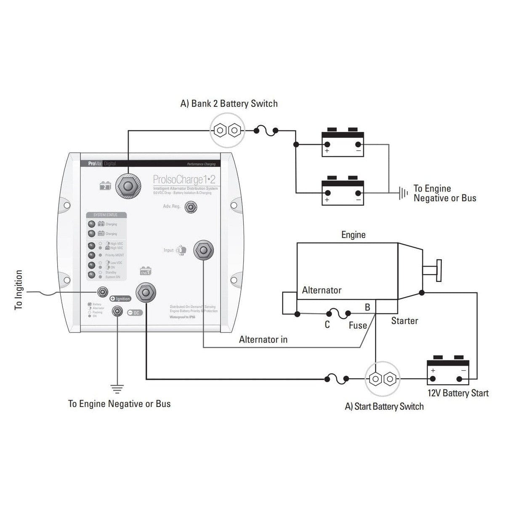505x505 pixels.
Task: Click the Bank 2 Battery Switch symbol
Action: coord(227,130)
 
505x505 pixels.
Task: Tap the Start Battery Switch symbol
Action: coord(383,379)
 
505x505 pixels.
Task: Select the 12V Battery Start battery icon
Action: coord(448,370)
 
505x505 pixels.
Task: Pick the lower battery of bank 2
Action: coord(343,192)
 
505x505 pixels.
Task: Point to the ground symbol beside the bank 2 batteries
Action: coord(403,193)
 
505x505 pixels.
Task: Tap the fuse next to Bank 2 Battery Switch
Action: coord(266,131)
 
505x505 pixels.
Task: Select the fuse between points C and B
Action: coord(338,314)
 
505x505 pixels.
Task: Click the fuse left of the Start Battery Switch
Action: coord(337,379)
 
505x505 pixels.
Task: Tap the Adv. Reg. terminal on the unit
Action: coord(191,207)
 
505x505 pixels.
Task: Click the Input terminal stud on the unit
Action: coord(204,250)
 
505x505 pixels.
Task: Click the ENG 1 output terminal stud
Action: coord(146,292)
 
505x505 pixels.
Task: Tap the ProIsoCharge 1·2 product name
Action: coord(184,180)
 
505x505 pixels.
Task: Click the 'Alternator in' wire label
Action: coord(263,340)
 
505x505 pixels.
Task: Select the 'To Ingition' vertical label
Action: coord(19,290)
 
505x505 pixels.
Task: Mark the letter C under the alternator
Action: coord(327,325)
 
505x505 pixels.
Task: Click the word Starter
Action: coord(404,321)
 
